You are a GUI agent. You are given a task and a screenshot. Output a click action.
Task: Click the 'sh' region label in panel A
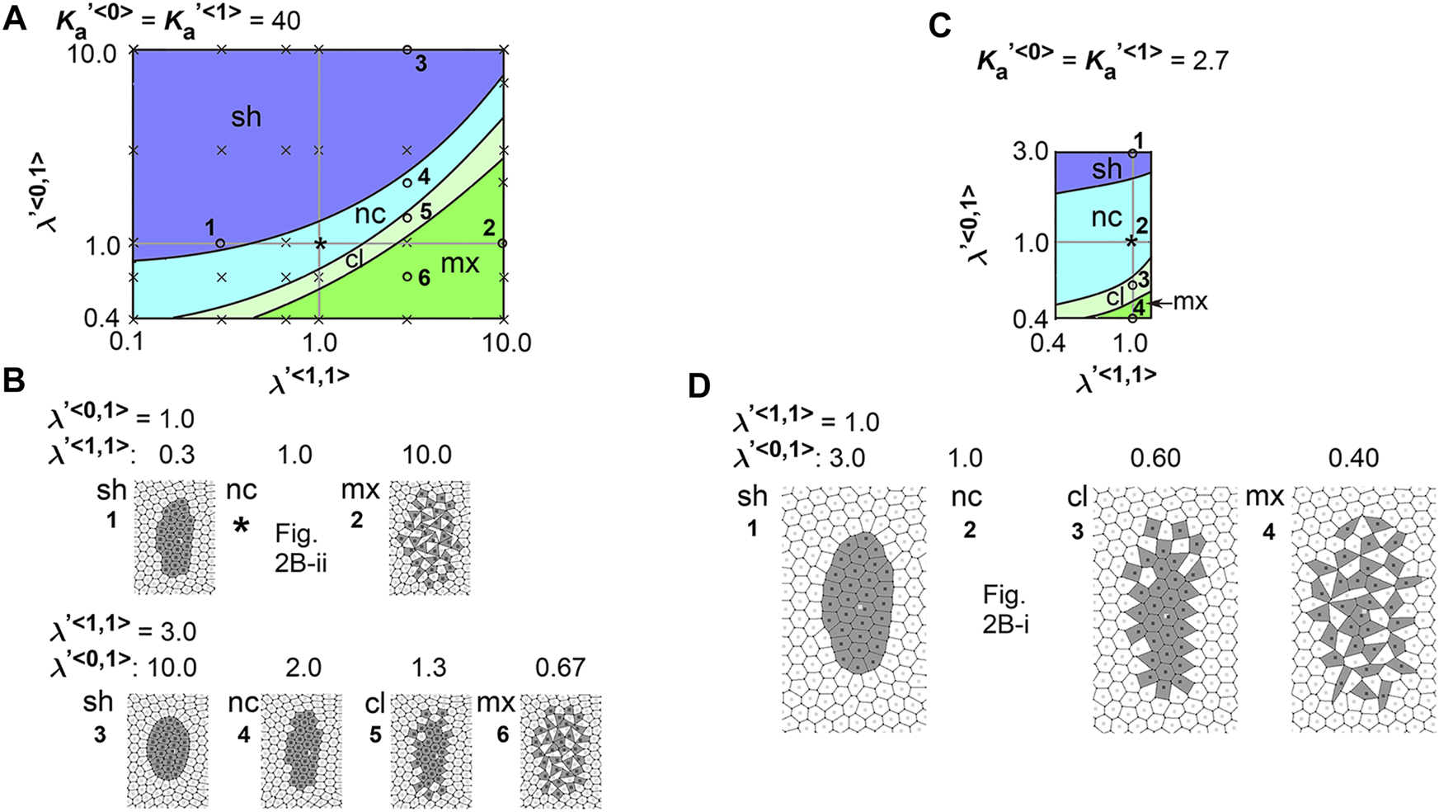coord(246,117)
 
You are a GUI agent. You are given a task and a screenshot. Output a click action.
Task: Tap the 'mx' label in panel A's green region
coord(460,264)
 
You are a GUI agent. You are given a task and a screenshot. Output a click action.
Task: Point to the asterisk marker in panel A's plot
coord(320,243)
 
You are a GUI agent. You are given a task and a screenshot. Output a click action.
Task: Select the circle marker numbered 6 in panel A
coord(407,276)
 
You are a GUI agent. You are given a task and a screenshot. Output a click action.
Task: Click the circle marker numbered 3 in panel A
coord(407,50)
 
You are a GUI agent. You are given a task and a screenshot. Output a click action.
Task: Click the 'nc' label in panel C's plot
coord(1106,217)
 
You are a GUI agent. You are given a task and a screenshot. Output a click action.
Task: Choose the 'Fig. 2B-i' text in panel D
coord(1005,608)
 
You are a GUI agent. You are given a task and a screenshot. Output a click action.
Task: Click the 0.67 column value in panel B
coord(561,667)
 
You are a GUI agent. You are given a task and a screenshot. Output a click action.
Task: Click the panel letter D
coord(699,387)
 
